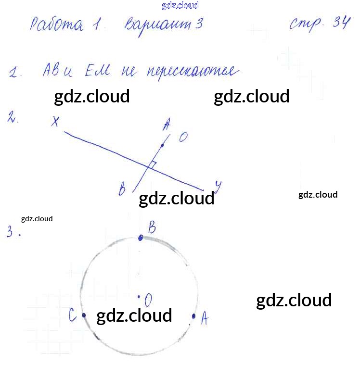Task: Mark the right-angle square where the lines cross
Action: point(152,165)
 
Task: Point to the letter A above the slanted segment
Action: point(167,126)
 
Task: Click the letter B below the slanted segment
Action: point(122,189)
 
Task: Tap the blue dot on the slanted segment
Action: point(162,145)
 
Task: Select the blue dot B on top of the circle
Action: point(141,238)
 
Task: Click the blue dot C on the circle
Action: point(84,315)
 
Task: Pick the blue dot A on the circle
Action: point(194,316)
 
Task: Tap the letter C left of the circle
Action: point(72,315)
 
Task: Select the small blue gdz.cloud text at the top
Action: point(180,6)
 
